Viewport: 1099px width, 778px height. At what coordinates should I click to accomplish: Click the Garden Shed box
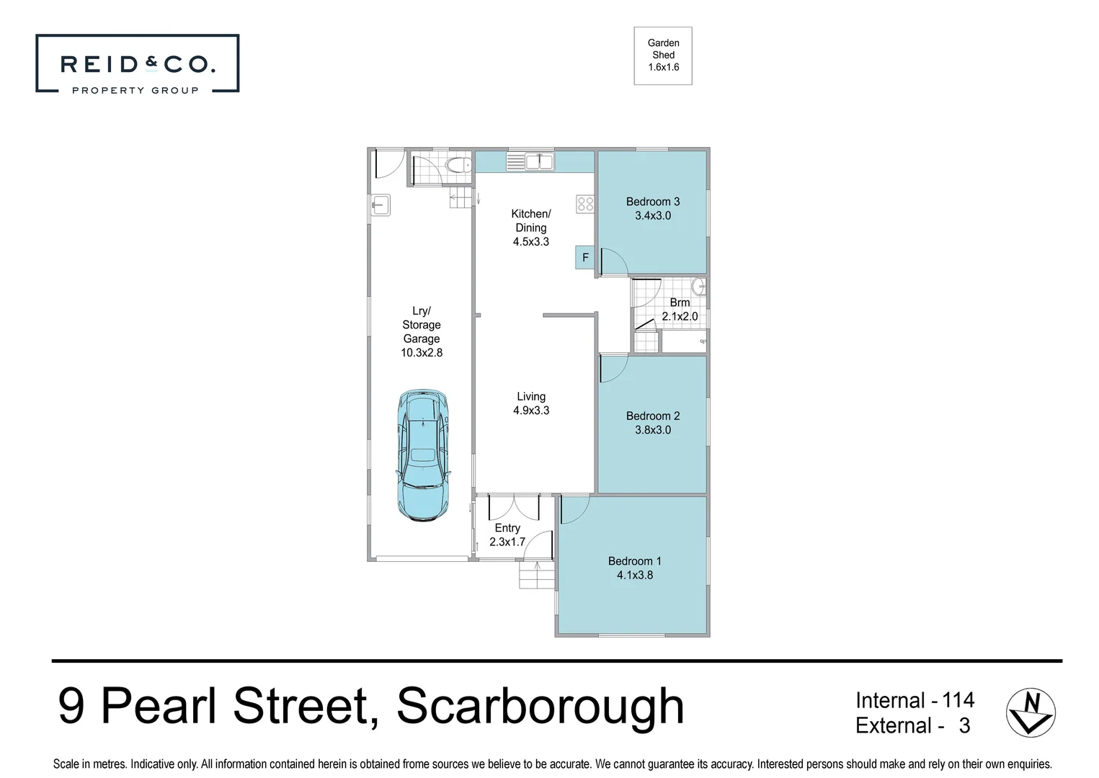(x=663, y=55)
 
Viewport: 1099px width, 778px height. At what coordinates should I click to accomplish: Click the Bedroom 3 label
(x=653, y=202)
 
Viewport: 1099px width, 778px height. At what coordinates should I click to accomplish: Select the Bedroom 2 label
(x=653, y=416)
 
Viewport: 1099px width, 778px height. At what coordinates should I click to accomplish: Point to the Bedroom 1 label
(x=635, y=561)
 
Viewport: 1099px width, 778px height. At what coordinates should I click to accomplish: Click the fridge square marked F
(x=585, y=257)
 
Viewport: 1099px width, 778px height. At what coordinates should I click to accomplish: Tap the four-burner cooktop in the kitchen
(x=585, y=204)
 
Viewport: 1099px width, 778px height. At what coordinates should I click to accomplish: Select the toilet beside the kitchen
(x=457, y=166)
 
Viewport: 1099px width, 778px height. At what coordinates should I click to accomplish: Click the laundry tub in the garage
(x=381, y=205)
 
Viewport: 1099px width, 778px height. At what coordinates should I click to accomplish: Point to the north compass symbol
(x=1031, y=712)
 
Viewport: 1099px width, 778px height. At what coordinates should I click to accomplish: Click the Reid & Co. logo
(x=138, y=64)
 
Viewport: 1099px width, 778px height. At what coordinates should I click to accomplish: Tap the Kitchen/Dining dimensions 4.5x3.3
(x=531, y=242)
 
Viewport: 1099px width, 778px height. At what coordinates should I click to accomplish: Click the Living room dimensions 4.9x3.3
(x=531, y=411)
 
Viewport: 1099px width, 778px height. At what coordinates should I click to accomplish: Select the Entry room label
(x=507, y=528)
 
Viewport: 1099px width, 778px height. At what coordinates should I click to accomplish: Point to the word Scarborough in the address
(x=540, y=706)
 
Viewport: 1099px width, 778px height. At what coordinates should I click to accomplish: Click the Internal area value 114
(x=958, y=699)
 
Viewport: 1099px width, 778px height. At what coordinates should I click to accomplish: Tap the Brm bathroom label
(x=680, y=303)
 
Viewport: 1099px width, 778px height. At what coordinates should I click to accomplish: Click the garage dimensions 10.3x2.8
(x=422, y=353)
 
